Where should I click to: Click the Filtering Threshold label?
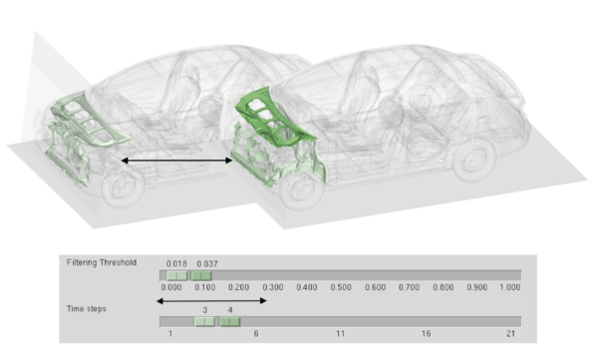(x=102, y=262)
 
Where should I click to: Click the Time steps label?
(x=86, y=309)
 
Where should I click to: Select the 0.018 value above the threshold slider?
(x=176, y=264)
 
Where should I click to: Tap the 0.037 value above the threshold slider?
(x=207, y=264)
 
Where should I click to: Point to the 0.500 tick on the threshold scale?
(x=341, y=287)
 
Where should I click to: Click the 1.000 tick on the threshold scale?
(x=510, y=287)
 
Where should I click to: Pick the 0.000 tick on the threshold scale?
(x=171, y=287)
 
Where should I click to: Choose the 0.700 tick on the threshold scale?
(x=409, y=287)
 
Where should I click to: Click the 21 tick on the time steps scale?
(x=510, y=334)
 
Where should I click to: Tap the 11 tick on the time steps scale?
(x=340, y=334)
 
